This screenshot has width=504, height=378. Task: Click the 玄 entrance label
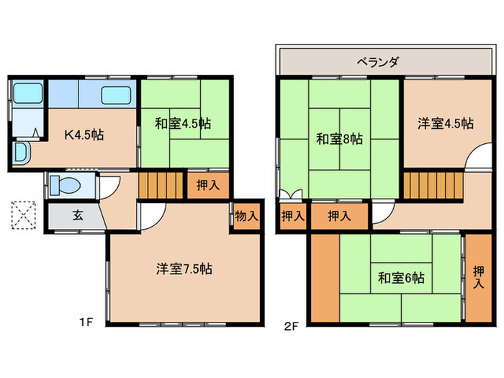tap(76, 215)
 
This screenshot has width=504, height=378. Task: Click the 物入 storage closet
tap(246, 215)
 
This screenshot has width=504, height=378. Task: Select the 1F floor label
tap(86, 322)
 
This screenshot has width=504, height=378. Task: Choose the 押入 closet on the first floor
tap(208, 185)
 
